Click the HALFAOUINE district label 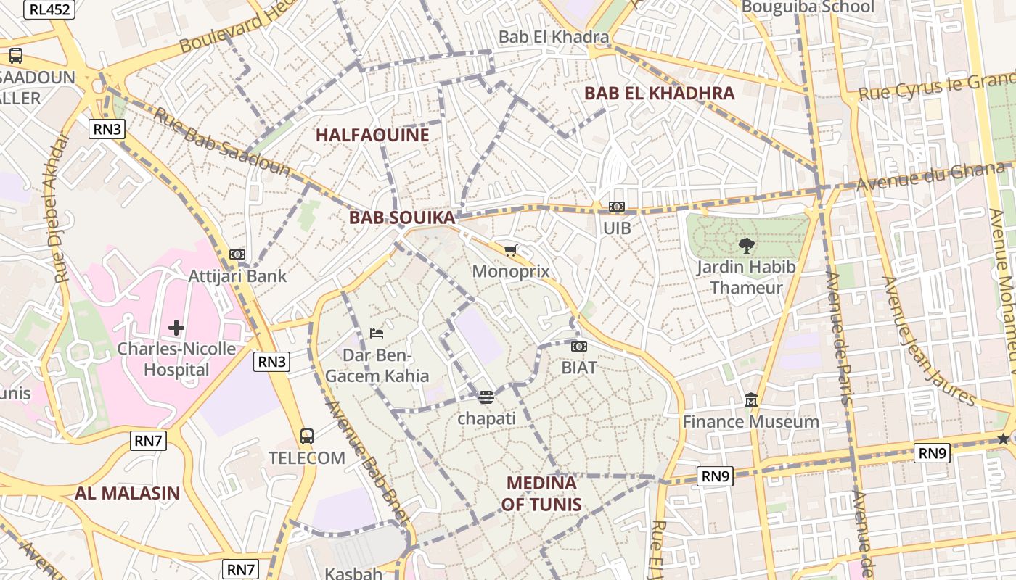pyautogui.click(x=372, y=135)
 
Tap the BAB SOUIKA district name pyautogui.click(x=401, y=217)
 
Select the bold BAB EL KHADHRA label pyautogui.click(x=659, y=93)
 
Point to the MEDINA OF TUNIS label pyautogui.click(x=541, y=493)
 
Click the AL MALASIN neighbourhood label pyautogui.click(x=127, y=493)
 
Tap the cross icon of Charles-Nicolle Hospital pyautogui.click(x=176, y=328)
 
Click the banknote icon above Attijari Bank pyautogui.click(x=237, y=254)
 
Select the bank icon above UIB pyautogui.click(x=617, y=207)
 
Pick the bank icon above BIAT pyautogui.click(x=578, y=347)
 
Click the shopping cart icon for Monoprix pyautogui.click(x=510, y=250)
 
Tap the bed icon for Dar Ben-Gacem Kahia pyautogui.click(x=376, y=333)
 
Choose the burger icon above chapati pyautogui.click(x=486, y=397)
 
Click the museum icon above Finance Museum pyautogui.click(x=751, y=400)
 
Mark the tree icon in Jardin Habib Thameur pyautogui.click(x=745, y=246)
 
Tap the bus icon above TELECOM pyautogui.click(x=307, y=436)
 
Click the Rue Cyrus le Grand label pyautogui.click(x=936, y=87)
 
